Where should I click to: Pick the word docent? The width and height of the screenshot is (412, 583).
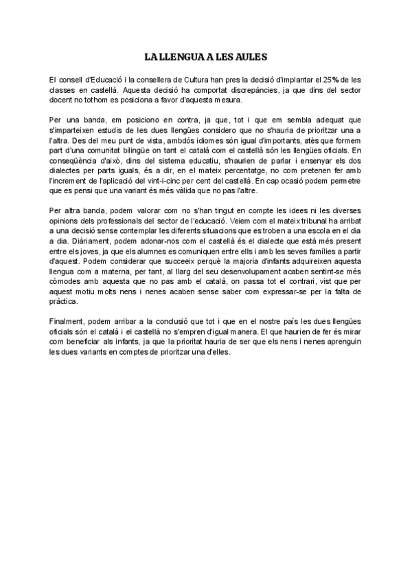pos(62,100)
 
